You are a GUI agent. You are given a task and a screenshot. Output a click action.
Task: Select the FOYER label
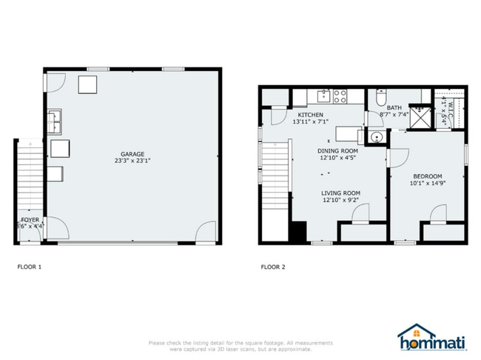coord(30,220)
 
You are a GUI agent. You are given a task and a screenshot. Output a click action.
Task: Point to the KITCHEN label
coord(310,116)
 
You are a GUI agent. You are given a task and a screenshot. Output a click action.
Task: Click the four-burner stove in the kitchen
coord(341,96)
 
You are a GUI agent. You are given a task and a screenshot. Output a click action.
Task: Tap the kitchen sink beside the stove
coord(322,95)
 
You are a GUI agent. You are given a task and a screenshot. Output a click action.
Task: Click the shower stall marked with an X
coord(421,117)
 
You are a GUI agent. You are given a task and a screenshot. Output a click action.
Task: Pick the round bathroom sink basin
coord(376,137)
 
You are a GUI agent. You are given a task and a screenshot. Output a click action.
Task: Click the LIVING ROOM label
coord(341,193)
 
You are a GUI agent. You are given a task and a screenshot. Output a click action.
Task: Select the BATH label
coord(394,108)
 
